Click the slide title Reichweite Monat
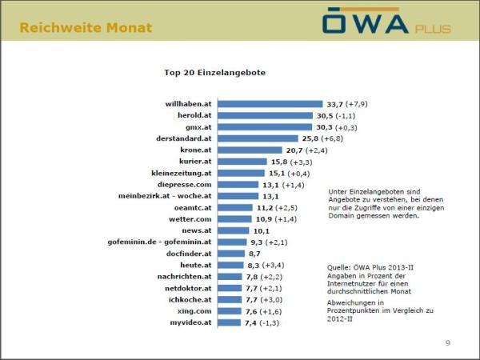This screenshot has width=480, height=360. coord(86,28)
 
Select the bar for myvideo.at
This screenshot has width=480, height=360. coord(230,322)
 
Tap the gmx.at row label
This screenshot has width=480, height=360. coord(199,126)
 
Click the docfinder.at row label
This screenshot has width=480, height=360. coord(189,253)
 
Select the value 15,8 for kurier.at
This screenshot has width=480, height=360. coord(279,161)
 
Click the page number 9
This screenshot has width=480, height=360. coord(447,342)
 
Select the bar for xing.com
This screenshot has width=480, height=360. coord(230,310)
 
